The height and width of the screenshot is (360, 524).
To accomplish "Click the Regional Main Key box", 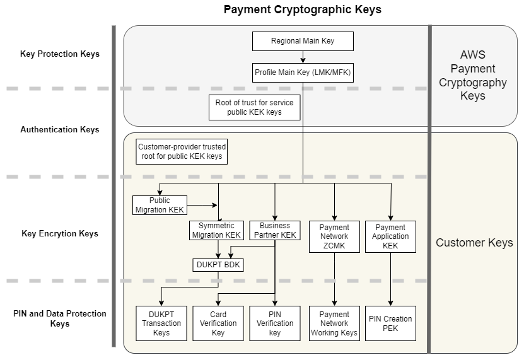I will point(303,41).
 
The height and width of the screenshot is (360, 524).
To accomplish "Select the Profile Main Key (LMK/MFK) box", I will point(303,73).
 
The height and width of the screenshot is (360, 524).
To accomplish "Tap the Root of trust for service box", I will point(254,107).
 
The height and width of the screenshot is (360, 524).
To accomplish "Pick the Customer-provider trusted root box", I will point(182,151).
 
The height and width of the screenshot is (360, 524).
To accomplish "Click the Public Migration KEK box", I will point(160,205).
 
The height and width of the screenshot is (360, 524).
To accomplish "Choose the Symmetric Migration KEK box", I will point(216,230).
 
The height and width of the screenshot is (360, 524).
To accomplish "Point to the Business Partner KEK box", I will point(275,230).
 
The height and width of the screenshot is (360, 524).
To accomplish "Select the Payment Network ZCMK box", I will point(334,236).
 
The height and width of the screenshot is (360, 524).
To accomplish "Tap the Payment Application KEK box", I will point(390,236).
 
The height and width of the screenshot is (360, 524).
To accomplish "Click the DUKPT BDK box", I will point(218,265).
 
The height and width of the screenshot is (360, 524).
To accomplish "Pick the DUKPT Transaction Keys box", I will point(161,323).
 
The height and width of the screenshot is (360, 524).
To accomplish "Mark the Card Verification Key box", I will point(218,323).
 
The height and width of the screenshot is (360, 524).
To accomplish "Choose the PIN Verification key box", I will point(275,323).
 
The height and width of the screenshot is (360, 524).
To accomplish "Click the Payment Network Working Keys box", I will point(334,323).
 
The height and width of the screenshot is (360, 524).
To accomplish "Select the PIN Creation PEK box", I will point(390,323).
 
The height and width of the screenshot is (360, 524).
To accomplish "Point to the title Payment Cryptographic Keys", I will point(303,9).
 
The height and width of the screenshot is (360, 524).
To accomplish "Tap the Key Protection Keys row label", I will point(60,54).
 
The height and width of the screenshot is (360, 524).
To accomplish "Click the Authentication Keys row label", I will point(60,129).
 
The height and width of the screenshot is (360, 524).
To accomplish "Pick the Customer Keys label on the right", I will point(474,243).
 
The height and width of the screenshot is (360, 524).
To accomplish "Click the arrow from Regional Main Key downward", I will point(303,57).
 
